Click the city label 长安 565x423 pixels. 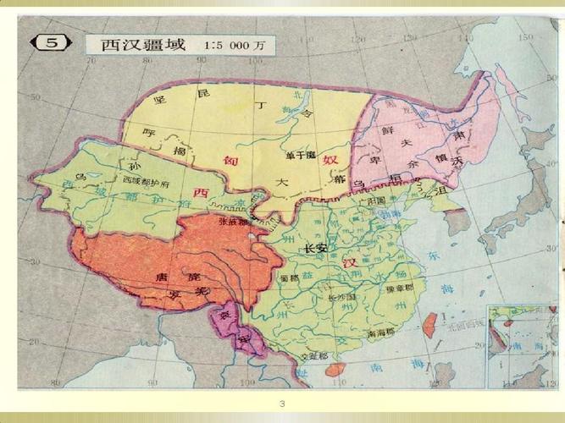coord(315,249)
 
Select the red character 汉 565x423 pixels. coord(350,264)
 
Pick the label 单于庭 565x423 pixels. coord(300,155)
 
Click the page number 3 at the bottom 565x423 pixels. coord(283,404)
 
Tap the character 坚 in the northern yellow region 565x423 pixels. coord(158,100)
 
